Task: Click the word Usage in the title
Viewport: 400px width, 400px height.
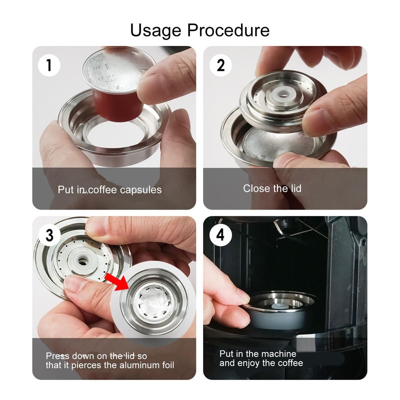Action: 155,30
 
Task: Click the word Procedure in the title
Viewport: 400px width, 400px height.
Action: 228,30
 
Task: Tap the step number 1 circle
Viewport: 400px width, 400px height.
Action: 49,65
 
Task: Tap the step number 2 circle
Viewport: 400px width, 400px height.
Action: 220,65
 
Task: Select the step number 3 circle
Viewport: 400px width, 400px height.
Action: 49,235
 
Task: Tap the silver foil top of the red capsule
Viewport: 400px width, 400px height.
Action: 118,69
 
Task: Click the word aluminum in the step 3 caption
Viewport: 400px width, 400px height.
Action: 135,365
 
